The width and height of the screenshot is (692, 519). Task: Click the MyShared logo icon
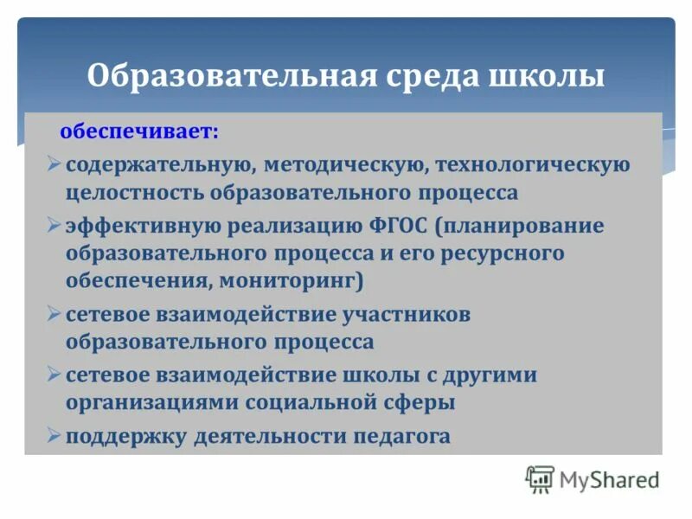point(540,478)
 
